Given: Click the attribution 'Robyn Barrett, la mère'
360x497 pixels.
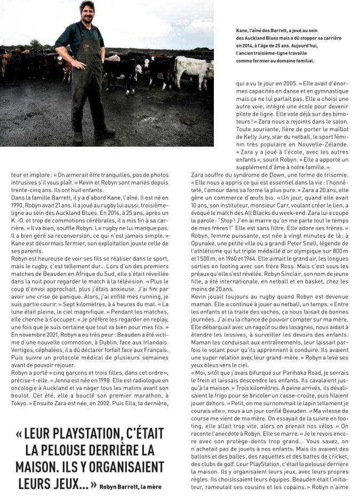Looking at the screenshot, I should point(130,486).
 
